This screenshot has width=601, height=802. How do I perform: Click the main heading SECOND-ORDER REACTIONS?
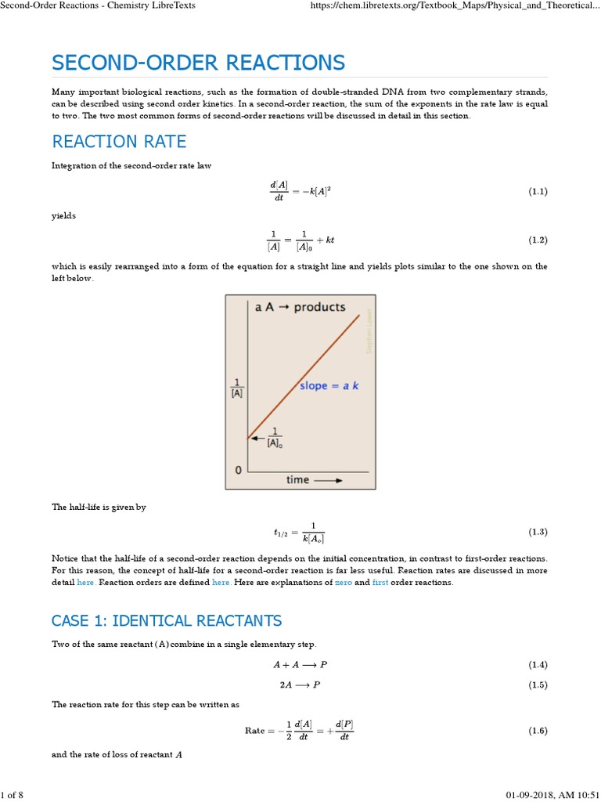[198, 63]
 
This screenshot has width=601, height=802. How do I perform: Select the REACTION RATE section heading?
[119, 141]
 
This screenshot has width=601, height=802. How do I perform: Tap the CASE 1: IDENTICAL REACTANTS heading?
[167, 621]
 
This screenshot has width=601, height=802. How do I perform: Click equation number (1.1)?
[537, 192]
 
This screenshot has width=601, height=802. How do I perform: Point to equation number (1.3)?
[537, 532]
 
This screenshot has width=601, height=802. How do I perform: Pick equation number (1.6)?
[537, 731]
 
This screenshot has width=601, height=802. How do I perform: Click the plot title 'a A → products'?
[300, 307]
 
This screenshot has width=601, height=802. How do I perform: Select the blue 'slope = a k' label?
[329, 386]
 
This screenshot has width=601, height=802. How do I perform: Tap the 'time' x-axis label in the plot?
[298, 479]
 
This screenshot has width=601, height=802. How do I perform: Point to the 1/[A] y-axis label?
[236, 388]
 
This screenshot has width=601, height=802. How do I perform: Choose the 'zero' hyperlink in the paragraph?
[343, 583]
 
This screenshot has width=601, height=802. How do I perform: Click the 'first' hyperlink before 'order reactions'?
[380, 583]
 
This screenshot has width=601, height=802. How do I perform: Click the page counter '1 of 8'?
[13, 796]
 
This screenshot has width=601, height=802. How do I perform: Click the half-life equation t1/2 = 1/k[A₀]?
[299, 532]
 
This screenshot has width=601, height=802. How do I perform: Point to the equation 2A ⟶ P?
[300, 685]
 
